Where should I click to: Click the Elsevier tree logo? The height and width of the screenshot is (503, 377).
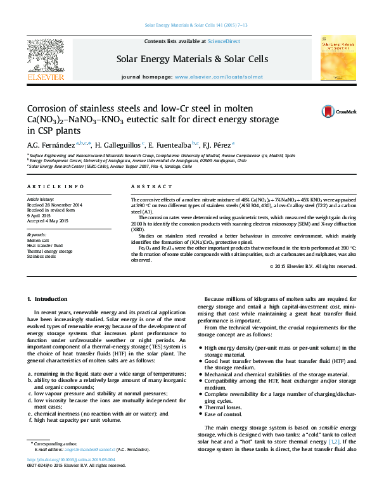point(46,56)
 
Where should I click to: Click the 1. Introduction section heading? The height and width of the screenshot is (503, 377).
point(50,298)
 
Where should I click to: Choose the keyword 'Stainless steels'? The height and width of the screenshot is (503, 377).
point(42,256)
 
